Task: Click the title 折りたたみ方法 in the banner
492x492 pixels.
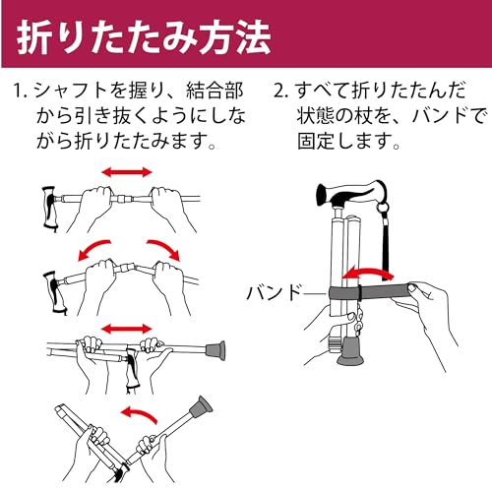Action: [x=144, y=37]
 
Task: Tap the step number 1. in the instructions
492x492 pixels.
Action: [x=22, y=91]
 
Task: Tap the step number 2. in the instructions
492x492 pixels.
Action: [x=280, y=91]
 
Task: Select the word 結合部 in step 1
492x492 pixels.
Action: [x=215, y=91]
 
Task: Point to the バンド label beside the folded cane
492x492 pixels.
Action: [x=274, y=292]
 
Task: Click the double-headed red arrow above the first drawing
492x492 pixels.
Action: [x=127, y=172]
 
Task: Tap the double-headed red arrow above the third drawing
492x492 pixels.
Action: [x=127, y=329]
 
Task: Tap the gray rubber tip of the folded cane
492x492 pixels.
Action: [x=350, y=351]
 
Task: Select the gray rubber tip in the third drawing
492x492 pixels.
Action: [x=215, y=350]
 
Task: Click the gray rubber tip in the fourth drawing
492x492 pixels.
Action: [x=200, y=407]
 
